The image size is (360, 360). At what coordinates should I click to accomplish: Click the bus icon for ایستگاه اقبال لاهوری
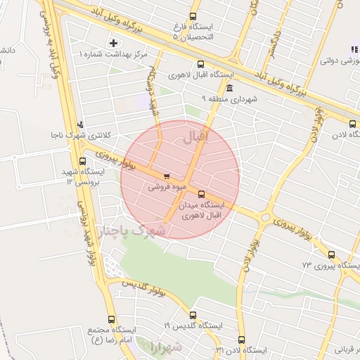pos(202,63)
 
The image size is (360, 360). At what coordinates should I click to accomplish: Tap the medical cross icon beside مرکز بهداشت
pos(114,44)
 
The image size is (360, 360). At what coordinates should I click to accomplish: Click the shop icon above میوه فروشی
pos(166,176)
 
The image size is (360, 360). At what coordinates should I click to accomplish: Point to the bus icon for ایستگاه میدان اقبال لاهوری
pos(202,193)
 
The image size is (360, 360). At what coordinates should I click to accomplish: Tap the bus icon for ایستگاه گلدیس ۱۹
pos(193,316)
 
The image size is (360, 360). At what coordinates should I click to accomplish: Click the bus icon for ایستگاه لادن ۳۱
pos(241,340)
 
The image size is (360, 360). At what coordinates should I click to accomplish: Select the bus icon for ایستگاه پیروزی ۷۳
pos(331,255)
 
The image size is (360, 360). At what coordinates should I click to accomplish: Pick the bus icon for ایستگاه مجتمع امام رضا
pos(111,319)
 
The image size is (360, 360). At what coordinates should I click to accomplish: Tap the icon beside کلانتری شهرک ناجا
pos(79,124)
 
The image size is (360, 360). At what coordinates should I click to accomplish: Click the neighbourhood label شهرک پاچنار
pos(131,231)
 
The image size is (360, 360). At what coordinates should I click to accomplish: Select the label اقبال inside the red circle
pos(196,137)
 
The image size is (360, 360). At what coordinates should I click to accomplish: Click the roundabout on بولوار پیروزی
pos(265,218)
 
